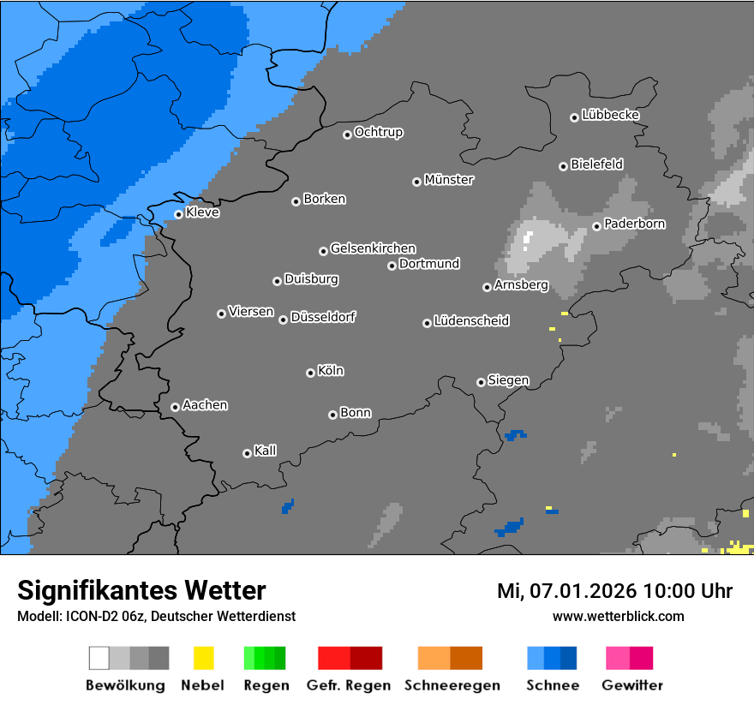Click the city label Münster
point(449,180)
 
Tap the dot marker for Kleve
point(178,214)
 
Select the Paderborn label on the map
point(634,224)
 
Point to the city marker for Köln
point(310,373)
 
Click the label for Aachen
point(205,405)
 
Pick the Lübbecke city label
point(610,115)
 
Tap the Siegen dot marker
point(481,382)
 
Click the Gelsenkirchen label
point(373,248)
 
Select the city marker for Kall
point(247,453)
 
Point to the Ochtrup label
point(378,132)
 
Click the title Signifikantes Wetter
point(141,590)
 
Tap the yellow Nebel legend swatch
point(203,658)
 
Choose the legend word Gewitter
point(631,685)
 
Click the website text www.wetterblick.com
point(618,616)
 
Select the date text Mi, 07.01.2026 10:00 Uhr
point(614,591)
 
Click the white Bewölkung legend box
point(99,658)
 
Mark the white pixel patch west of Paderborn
point(528,238)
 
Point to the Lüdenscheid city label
point(471,320)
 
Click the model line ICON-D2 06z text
point(156,616)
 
